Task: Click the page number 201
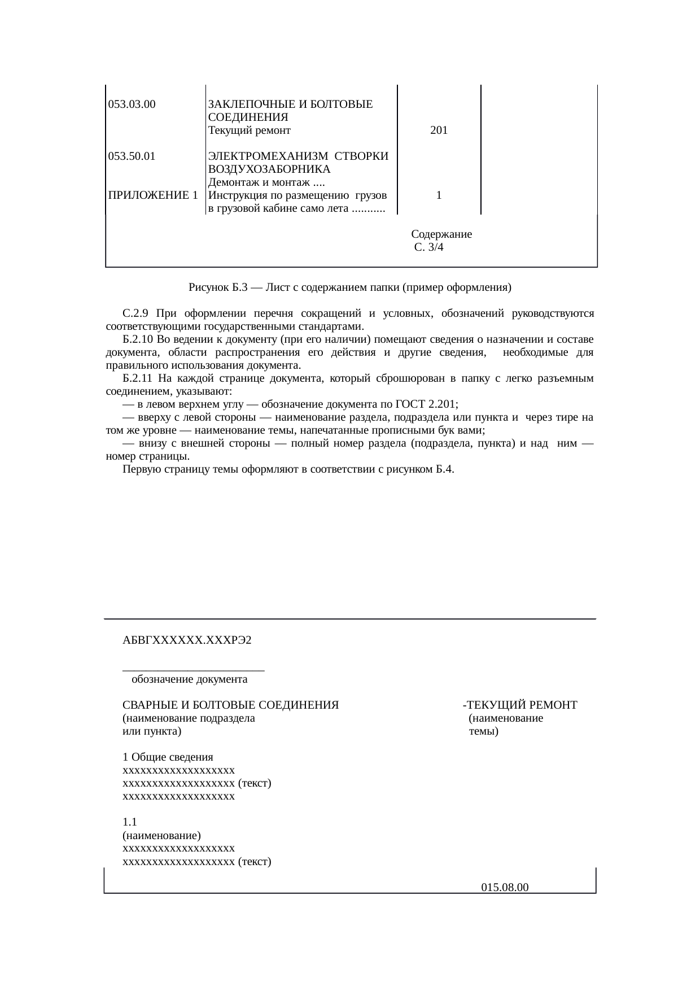tap(439, 131)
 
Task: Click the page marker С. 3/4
tap(428, 247)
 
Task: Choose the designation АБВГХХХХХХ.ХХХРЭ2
tap(187, 641)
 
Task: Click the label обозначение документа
tap(189, 679)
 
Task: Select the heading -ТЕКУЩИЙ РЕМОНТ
tap(519, 705)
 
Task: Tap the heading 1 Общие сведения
tap(168, 757)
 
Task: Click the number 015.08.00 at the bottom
tap(505, 888)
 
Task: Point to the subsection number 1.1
tap(129, 823)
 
